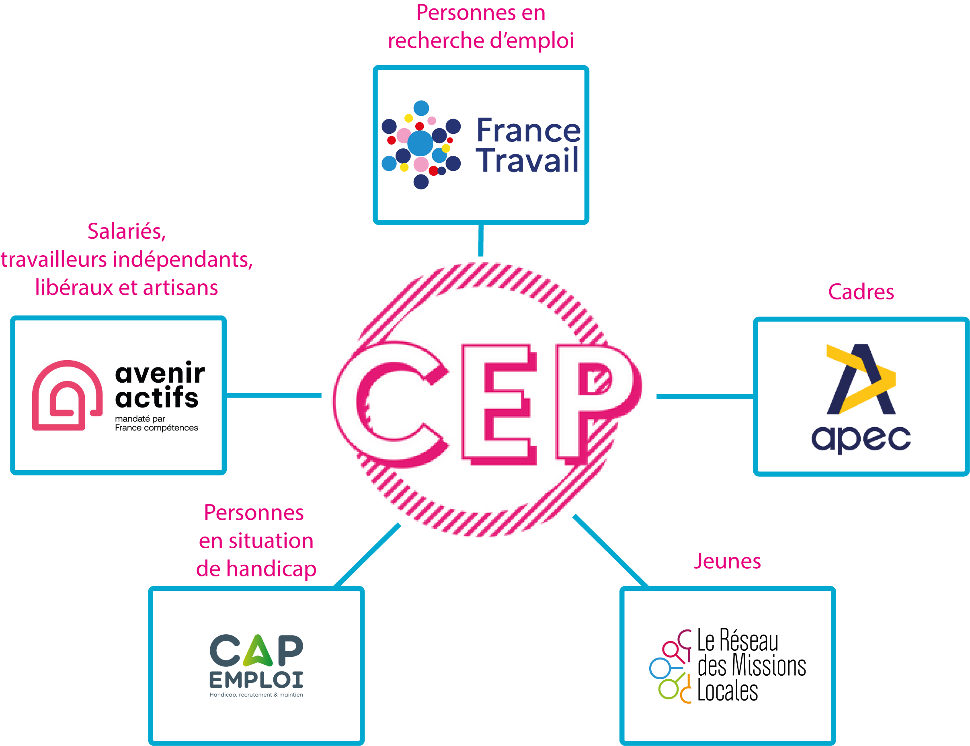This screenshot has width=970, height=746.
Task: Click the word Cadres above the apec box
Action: (x=861, y=292)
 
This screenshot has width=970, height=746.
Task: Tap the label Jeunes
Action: (x=727, y=561)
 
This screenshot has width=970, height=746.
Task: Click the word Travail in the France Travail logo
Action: (x=527, y=160)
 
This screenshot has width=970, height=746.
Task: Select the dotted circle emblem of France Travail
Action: (x=421, y=145)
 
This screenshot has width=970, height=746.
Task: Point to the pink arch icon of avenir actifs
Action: (x=67, y=395)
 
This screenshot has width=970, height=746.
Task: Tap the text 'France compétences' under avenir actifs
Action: (x=156, y=428)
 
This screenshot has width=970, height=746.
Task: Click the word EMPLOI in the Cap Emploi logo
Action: (x=256, y=680)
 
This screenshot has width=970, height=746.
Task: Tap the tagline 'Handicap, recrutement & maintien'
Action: (x=256, y=695)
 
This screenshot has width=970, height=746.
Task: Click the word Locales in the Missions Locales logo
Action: (x=728, y=691)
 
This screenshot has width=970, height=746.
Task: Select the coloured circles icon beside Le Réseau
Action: (x=670, y=666)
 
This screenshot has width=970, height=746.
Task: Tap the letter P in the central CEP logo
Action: (x=595, y=400)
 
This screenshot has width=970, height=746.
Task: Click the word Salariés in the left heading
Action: (x=127, y=232)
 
